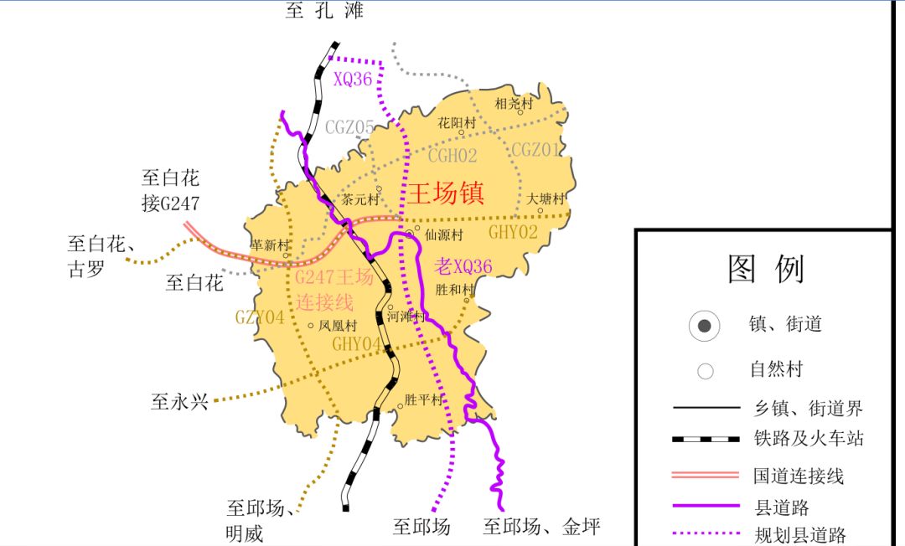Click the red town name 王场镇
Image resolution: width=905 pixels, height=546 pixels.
[x=446, y=193]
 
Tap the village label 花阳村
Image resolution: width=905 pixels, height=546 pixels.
[x=457, y=123]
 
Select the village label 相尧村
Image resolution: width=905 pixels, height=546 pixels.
[x=513, y=104]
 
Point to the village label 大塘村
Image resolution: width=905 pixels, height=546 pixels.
[x=546, y=199]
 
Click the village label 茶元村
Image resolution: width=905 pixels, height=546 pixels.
[x=360, y=200]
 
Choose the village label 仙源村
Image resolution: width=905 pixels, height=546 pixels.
[x=443, y=235]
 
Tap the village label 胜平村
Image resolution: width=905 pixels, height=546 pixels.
[x=423, y=400]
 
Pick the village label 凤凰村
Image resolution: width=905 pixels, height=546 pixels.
[x=338, y=326]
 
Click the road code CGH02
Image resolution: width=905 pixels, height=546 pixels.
[x=452, y=156]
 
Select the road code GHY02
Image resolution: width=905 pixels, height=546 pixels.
[x=513, y=232]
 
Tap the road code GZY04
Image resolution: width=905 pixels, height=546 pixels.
[x=260, y=317]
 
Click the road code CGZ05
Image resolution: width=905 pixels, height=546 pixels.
[x=349, y=127]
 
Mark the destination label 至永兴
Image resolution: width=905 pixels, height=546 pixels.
[x=178, y=402]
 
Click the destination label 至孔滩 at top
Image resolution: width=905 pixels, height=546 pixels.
[x=325, y=11]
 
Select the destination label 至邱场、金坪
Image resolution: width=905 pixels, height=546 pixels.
[x=542, y=527]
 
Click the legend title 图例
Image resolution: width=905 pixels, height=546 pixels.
[x=766, y=270]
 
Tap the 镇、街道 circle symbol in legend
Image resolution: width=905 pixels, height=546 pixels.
[x=705, y=325]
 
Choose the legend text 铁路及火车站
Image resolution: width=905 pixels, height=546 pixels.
[x=809, y=439]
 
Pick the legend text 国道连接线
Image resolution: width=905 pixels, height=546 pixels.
[x=798, y=476]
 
